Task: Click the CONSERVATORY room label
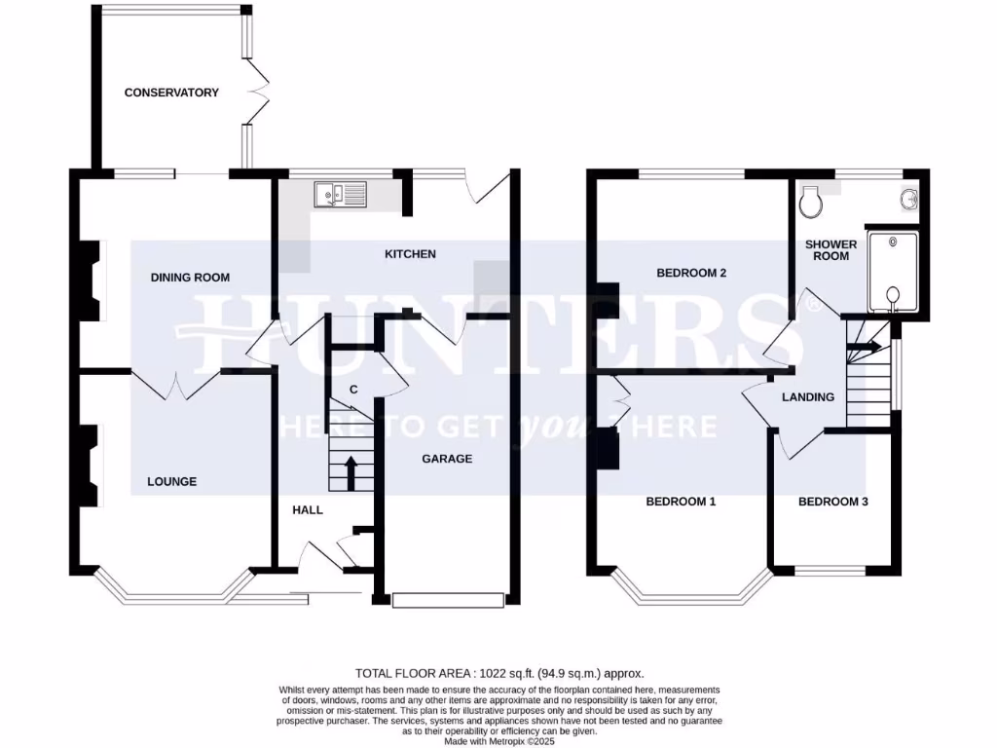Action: pyautogui.click(x=171, y=93)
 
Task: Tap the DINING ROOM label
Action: pyautogui.click(x=190, y=278)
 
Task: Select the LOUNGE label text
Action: pyautogui.click(x=171, y=481)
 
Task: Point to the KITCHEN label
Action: pyautogui.click(x=410, y=254)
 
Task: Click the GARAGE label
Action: pyautogui.click(x=447, y=459)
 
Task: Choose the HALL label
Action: pyautogui.click(x=308, y=509)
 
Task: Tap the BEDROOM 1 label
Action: pyautogui.click(x=682, y=503)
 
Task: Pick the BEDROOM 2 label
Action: pyautogui.click(x=691, y=274)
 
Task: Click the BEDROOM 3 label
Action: pyautogui.click(x=833, y=503)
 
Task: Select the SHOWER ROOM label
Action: pyautogui.click(x=831, y=250)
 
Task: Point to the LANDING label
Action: pyautogui.click(x=808, y=397)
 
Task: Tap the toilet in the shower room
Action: pyautogui.click(x=808, y=204)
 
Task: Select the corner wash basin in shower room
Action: pyautogui.click(x=909, y=199)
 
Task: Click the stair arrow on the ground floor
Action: pyautogui.click(x=351, y=472)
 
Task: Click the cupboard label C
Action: pyautogui.click(x=353, y=391)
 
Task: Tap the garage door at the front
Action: pyautogui.click(x=449, y=601)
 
